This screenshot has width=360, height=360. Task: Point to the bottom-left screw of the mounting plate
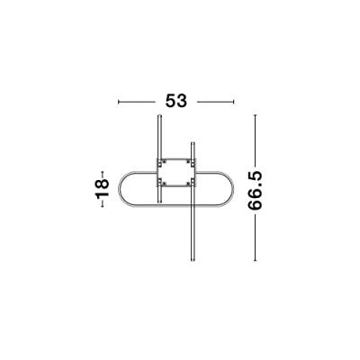162,182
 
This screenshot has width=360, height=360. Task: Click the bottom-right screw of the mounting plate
190,182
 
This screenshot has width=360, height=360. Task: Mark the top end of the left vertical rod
159,116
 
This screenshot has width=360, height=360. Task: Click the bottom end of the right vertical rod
193,262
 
